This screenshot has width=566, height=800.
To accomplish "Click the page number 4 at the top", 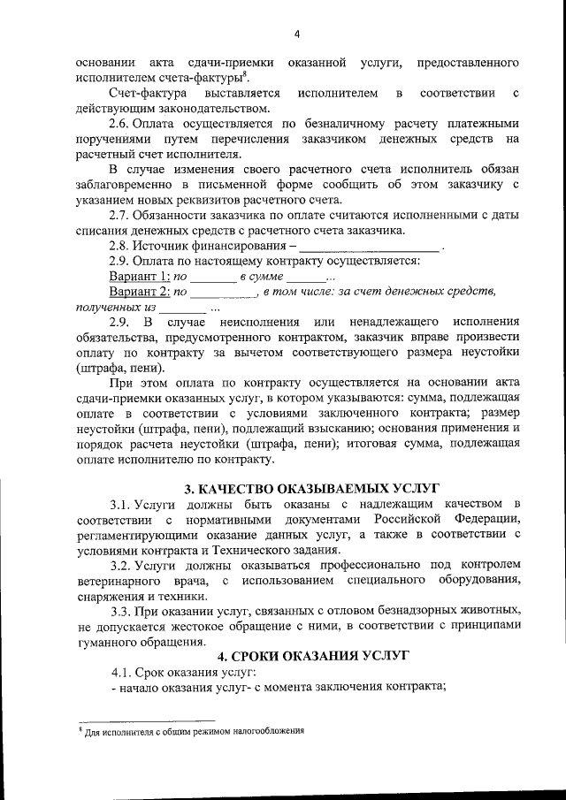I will click(297, 34).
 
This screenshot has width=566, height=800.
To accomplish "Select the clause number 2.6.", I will click(119, 124).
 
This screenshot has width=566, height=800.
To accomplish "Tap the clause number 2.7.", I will click(119, 216).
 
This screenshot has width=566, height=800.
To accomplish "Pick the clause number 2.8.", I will click(119, 246).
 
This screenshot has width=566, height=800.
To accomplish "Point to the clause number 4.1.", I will click(121, 672).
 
